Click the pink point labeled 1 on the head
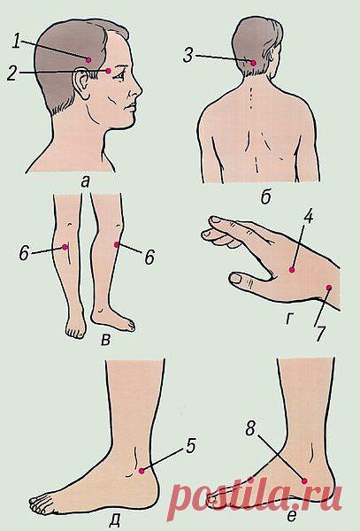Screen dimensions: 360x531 [88, 60]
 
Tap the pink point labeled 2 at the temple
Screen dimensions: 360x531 [108, 71]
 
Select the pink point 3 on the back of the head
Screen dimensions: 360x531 [254, 63]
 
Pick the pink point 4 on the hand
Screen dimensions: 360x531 [292, 270]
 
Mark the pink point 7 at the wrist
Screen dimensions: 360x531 [328, 288]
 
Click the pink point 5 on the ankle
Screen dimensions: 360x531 [142, 471]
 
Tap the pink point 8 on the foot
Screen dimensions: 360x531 [304, 481]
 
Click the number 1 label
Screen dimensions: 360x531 [16, 41]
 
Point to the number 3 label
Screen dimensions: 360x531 [188, 55]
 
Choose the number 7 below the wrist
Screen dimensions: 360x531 [321, 334]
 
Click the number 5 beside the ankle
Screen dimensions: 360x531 [191, 446]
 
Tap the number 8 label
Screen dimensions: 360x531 [250, 428]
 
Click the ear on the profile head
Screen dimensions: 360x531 [81, 84]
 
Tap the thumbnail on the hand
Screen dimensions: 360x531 [235, 279]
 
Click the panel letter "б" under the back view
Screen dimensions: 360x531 [266, 197]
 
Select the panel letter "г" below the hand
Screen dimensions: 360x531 [289, 319]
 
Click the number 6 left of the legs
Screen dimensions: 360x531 [24, 253]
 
